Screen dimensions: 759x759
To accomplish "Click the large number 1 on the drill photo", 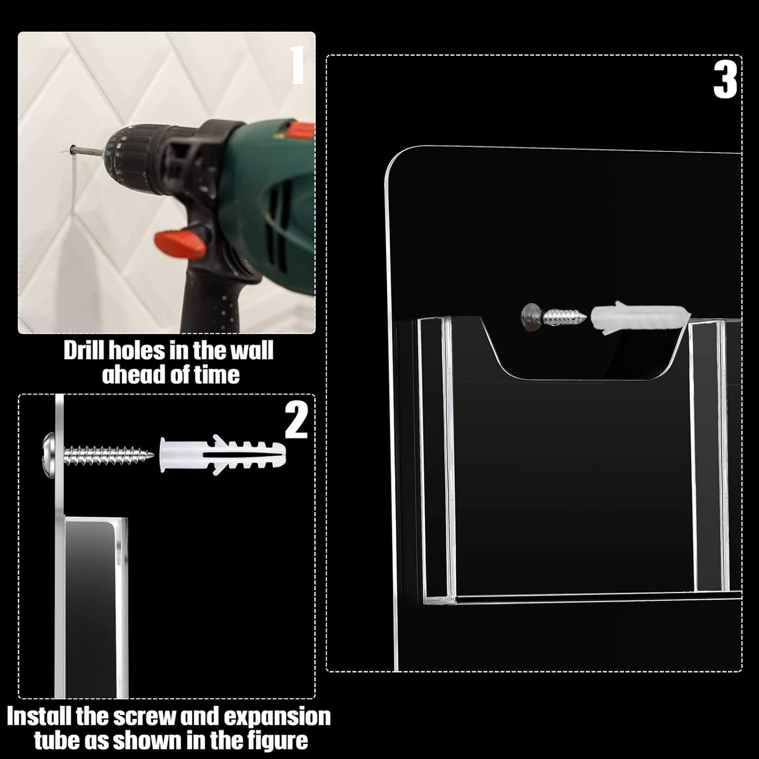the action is coord(298,65).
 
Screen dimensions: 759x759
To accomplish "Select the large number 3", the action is coord(725,81).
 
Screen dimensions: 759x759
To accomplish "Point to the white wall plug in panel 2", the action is coord(222,455).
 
